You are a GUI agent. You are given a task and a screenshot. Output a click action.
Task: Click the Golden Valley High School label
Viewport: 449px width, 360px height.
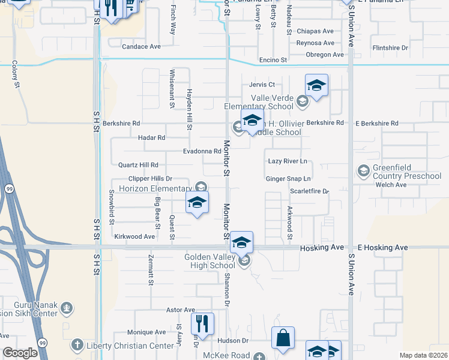coord(209,261)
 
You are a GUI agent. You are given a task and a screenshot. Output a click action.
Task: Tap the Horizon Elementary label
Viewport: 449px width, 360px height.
coord(154,188)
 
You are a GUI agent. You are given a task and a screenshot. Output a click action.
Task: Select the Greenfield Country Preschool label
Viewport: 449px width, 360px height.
coord(406,172)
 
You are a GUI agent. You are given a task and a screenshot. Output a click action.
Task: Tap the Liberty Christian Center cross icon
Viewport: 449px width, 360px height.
coord(76,345)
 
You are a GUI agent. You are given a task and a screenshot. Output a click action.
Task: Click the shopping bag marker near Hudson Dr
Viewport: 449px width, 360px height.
coord(283,337)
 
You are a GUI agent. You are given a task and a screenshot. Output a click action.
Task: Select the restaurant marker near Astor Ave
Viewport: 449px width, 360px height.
coord(202,323)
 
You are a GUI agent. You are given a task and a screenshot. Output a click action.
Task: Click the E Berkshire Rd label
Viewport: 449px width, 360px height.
coord(377,123)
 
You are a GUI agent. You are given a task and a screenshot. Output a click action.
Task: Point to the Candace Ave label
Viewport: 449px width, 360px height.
coord(142,46)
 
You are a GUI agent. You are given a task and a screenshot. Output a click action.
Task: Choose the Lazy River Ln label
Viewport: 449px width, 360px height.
coord(288,161)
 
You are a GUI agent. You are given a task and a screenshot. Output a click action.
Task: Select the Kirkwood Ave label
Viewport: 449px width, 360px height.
coord(134,236)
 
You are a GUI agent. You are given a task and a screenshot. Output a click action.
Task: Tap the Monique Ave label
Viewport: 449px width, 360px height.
coord(146,332)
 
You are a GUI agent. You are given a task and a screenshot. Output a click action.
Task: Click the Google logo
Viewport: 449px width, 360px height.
coord(20,353)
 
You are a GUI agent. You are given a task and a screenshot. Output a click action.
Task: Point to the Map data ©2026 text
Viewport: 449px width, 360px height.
coord(423,355)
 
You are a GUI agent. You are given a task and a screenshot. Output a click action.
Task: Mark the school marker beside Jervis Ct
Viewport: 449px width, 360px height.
coord(316,85)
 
